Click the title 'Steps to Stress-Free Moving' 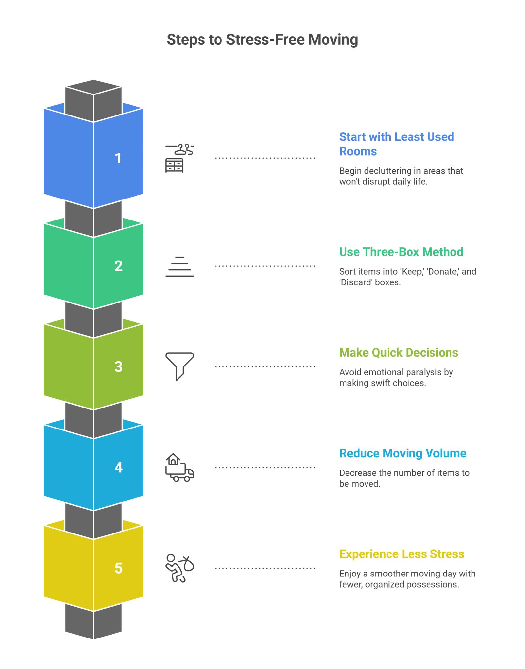click(262, 40)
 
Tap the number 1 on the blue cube click(118, 158)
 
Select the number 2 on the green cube click(118, 266)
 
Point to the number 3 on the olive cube click(118, 366)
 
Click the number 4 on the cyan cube click(118, 467)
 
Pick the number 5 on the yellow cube click(118, 568)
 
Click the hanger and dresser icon click(179, 158)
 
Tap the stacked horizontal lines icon click(179, 266)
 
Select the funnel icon click(179, 366)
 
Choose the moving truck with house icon click(179, 467)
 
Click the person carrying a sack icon click(179, 568)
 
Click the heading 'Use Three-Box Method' click(401, 252)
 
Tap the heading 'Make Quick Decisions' click(398, 353)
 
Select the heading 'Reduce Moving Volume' click(403, 453)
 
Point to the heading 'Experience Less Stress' click(402, 554)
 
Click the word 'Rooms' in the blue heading click(358, 151)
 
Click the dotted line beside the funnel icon click(265, 366)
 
